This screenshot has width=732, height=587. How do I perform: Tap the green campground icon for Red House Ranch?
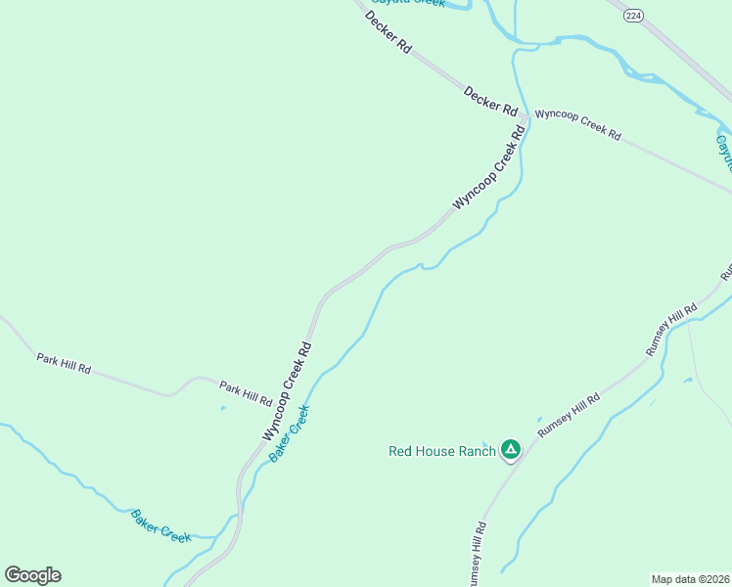pyautogui.click(x=510, y=450)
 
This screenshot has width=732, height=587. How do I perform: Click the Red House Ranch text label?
pyautogui.click(x=441, y=451)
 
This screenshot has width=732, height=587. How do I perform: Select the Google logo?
pyautogui.click(x=32, y=575)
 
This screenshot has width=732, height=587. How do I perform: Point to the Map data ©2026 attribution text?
pyautogui.click(x=690, y=578)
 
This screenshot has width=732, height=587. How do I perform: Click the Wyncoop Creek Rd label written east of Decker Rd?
pyautogui.click(x=577, y=127)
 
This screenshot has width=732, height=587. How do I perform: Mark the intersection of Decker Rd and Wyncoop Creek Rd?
pyautogui.click(x=526, y=118)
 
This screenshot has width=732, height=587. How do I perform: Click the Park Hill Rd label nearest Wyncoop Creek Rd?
pyautogui.click(x=246, y=393)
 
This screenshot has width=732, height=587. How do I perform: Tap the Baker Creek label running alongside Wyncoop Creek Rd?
pyautogui.click(x=290, y=434)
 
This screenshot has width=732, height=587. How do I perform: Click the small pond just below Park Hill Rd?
pyautogui.click(x=223, y=408)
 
